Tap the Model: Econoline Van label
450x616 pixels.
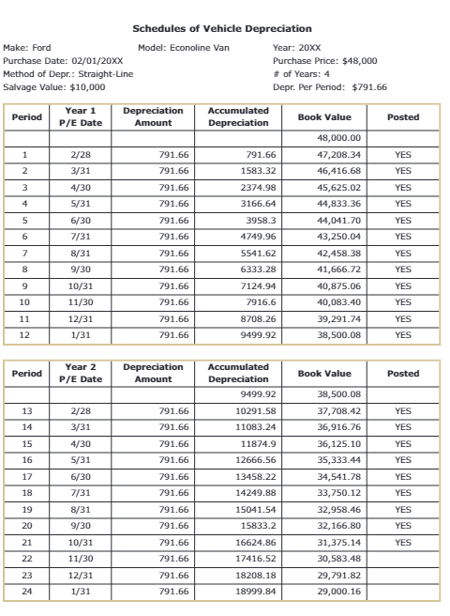184,46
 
